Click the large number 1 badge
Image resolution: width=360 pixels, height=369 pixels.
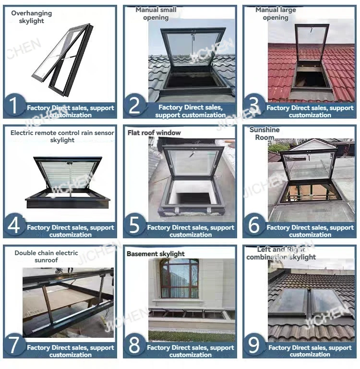pyautogui.click(x=14, y=105)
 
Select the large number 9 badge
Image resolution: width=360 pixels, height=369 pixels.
pyautogui.click(x=254, y=345)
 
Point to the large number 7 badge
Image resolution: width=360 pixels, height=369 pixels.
pyautogui.click(x=14, y=345)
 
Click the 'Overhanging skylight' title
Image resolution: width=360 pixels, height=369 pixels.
pyautogui.click(x=32, y=17)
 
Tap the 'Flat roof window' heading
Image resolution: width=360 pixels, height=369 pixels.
pyautogui.click(x=154, y=133)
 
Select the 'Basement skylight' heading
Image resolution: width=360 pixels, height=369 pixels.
pyautogui.click(x=156, y=254)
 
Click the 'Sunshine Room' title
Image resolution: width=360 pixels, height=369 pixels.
pyautogui.click(x=264, y=134)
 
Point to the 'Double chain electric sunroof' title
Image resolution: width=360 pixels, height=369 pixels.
pyautogui.click(x=46, y=257)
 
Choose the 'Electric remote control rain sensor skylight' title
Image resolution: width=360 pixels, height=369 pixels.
pyautogui.click(x=62, y=136)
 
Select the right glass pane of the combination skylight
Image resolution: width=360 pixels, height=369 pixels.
pyautogui.click(x=328, y=301)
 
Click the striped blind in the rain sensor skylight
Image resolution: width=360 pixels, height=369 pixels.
pyautogui.click(x=68, y=174)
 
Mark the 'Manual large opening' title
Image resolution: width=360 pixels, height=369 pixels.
pyautogui.click(x=276, y=13)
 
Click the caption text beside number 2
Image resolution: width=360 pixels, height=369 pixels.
pyautogui.click(x=190, y=111)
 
